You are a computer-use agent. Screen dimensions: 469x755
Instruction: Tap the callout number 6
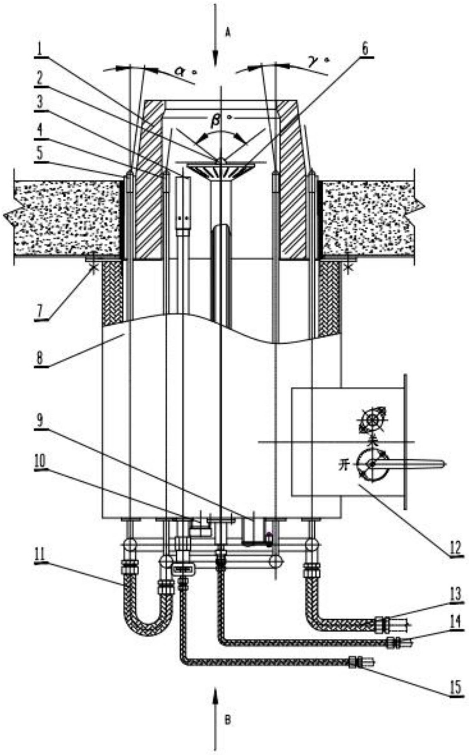(365, 50)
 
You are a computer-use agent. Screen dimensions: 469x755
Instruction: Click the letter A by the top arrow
(228, 33)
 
